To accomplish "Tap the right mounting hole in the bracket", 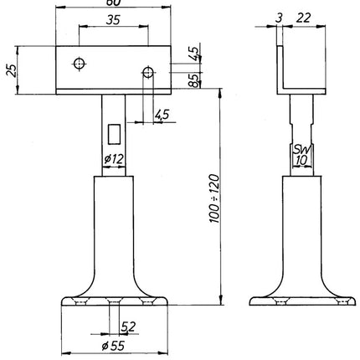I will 147,73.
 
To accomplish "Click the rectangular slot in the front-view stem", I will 115,132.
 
